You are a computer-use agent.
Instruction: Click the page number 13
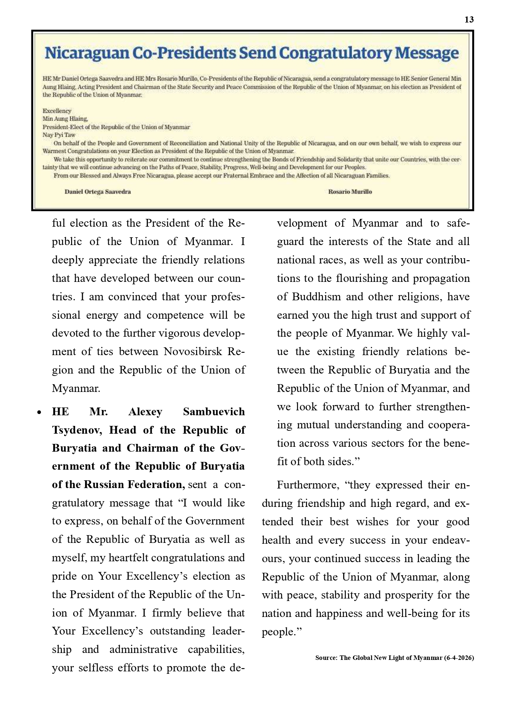pos(469,20)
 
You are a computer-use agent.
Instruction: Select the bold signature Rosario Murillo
pos(350,192)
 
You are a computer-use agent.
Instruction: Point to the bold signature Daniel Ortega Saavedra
pos(98,192)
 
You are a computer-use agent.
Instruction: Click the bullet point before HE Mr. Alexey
pos(39,412)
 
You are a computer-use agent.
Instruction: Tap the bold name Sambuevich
pos(214,412)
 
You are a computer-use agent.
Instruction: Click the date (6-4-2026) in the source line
pos(459,658)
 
